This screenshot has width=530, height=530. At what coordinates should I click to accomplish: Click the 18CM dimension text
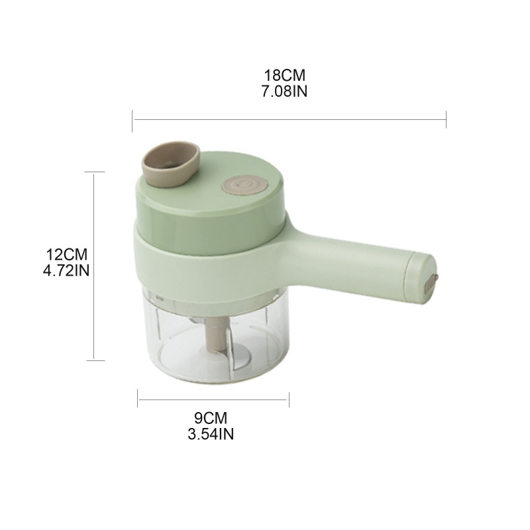coord(285,75)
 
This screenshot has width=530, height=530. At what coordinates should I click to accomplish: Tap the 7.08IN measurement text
coord(285,91)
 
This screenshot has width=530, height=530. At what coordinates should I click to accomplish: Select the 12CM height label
coord(67,254)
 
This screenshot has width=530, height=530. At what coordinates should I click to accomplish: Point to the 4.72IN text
coord(66,270)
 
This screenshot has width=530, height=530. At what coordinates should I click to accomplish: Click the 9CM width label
coord(211,418)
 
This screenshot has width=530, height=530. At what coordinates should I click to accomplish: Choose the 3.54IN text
coord(211,434)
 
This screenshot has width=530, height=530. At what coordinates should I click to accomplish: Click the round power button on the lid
coord(244,185)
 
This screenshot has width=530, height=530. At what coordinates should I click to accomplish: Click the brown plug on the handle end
coord(431,282)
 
